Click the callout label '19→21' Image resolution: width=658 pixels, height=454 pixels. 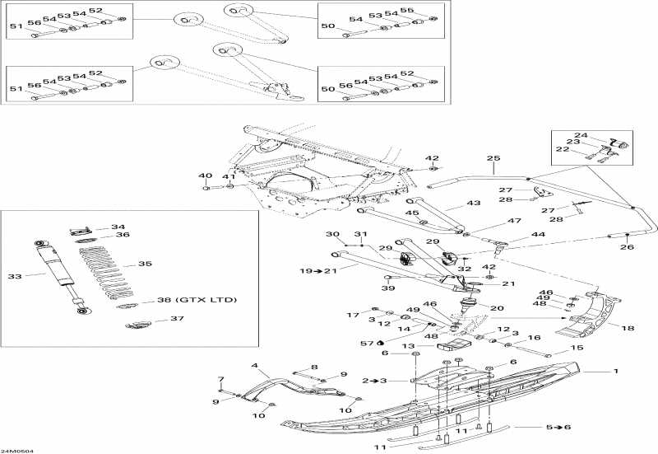pyautogui.click(x=317, y=270)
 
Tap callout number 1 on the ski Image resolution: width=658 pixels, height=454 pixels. pyautogui.click(x=614, y=371)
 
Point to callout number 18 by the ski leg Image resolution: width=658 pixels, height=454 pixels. pyautogui.click(x=628, y=328)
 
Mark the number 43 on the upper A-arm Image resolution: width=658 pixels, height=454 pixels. pyautogui.click(x=473, y=203)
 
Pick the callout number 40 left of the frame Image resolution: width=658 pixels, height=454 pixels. pyautogui.click(x=204, y=176)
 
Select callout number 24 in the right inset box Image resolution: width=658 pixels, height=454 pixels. pyautogui.click(x=581, y=135)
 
